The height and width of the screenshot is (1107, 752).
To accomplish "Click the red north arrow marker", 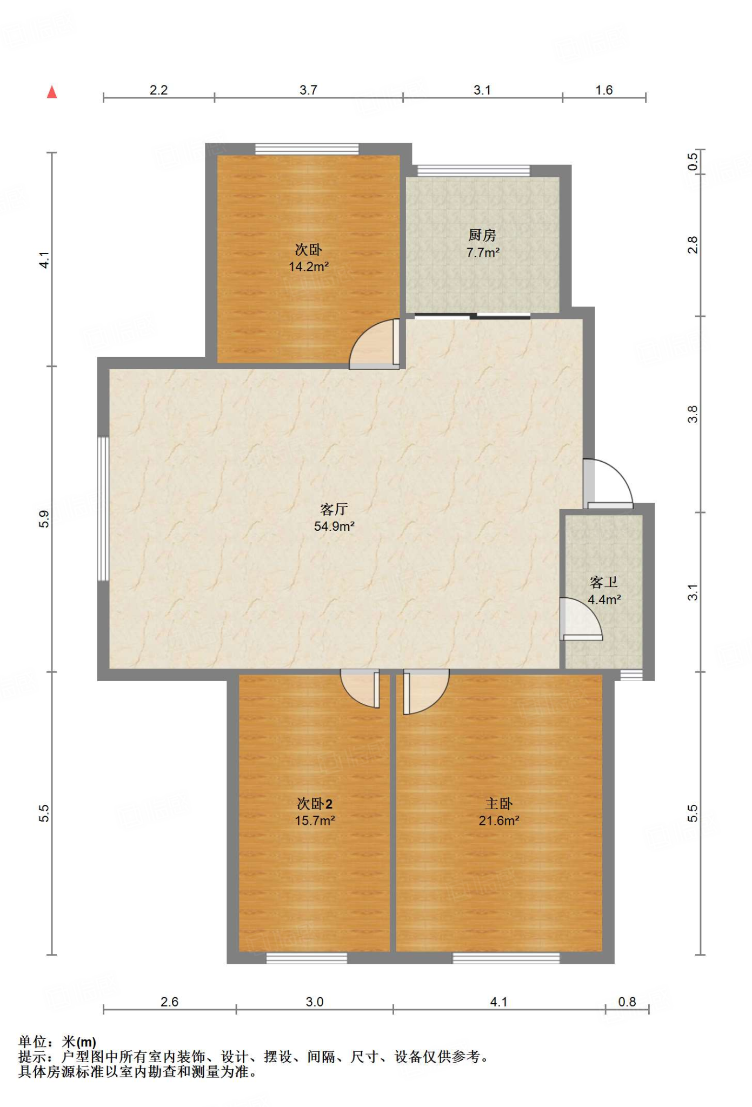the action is tap(52, 92).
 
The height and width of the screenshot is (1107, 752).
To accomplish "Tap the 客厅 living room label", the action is tap(334, 509).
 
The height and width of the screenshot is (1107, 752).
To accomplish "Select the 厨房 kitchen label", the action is tap(482, 235).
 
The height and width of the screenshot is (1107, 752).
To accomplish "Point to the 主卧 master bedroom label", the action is tap(498, 804).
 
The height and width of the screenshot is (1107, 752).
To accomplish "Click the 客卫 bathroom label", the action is tap(604, 582).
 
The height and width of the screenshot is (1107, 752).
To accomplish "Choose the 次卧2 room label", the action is tap(315, 804).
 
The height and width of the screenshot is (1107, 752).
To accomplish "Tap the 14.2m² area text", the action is tap(309, 266).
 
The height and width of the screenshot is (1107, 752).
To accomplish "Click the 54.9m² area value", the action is tap(334, 526).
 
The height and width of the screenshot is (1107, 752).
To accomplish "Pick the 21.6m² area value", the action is tap(498, 821).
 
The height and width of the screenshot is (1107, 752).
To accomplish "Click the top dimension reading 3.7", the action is tap(308, 90).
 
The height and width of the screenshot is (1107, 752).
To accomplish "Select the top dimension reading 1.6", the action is tap(604, 90).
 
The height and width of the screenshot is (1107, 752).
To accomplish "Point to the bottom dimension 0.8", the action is tap(627, 1002).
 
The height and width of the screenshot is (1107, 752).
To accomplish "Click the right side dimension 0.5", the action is tap(693, 162).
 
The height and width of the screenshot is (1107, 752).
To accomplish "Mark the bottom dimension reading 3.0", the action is tap(314, 1002).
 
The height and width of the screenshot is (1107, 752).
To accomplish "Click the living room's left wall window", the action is tap(103, 509).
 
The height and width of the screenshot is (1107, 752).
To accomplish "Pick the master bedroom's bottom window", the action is tap(506, 958).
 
